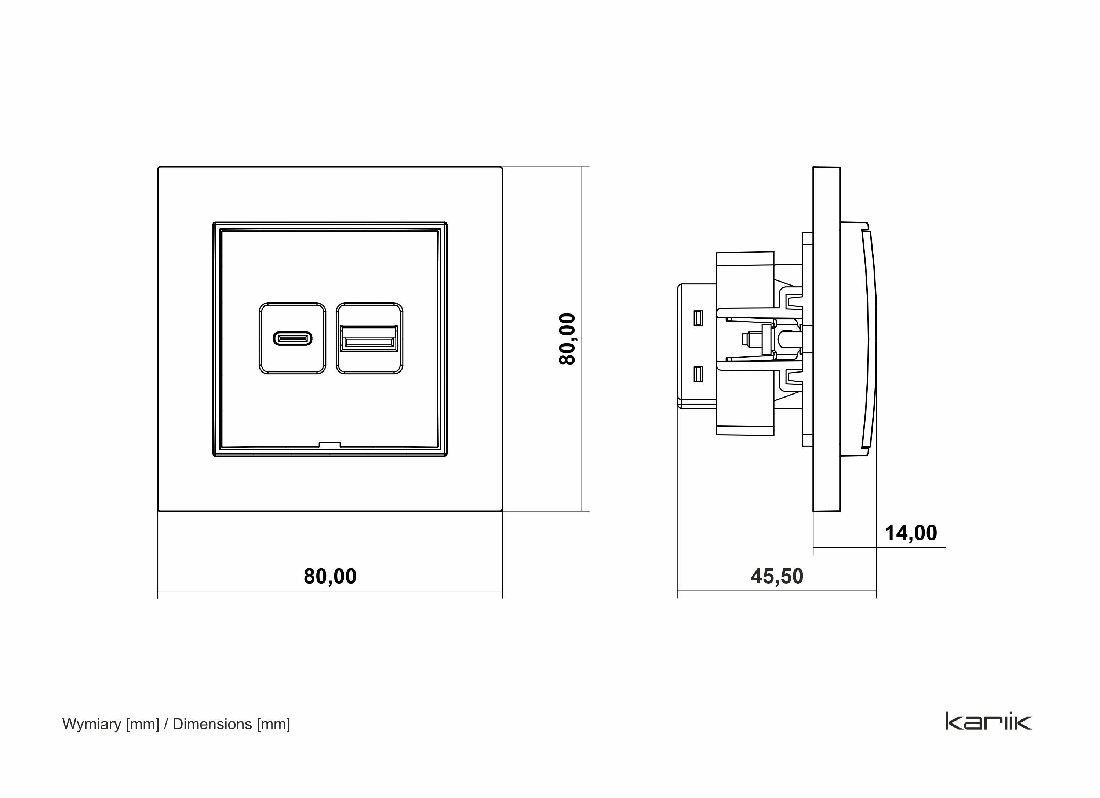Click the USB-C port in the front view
point(292,338)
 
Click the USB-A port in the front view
point(369,338)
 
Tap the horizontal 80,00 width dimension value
point(330,576)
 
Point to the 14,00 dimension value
point(911,533)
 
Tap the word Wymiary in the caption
point(92,724)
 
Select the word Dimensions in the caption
point(212,724)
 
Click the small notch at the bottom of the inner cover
point(330,444)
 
